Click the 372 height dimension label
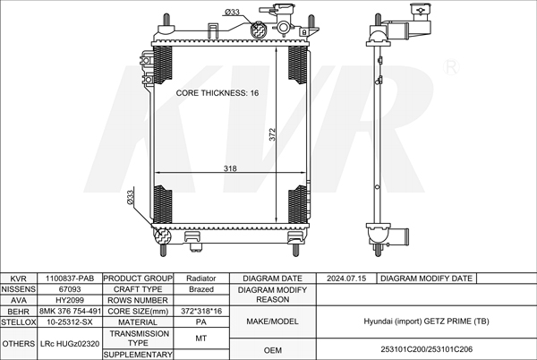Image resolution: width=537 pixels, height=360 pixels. click(x=272, y=134)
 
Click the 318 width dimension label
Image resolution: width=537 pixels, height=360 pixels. click(x=230, y=168)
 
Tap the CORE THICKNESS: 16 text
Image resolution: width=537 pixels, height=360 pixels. click(x=217, y=93)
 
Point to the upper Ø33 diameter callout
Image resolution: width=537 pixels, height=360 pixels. click(x=232, y=12)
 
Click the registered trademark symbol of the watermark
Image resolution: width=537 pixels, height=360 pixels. click(x=451, y=67)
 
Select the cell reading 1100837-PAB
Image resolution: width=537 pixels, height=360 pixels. click(x=70, y=279)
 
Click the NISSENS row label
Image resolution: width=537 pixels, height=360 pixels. click(x=19, y=289)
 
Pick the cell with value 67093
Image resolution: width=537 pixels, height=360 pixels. click(x=70, y=289)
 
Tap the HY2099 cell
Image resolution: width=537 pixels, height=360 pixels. click(x=70, y=300)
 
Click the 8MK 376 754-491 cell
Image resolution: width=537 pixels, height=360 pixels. click(x=70, y=311)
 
